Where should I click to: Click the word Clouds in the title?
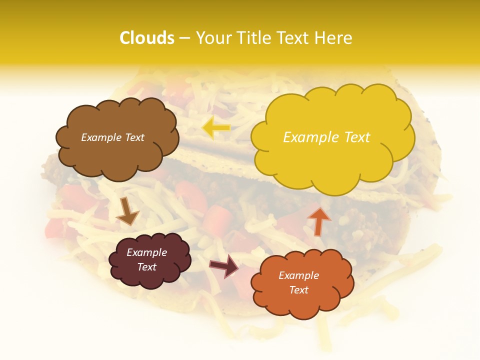coord(146,38)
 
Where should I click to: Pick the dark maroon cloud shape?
coord(149,260)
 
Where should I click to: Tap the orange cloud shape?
coord(302,283)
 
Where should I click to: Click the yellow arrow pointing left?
coord(216,128)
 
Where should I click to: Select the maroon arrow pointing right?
coord(224,265)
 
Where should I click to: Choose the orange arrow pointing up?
coord(318,220)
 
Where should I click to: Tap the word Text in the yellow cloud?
coord(357,137)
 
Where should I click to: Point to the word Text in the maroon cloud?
coord(147,267)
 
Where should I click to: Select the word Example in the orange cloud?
coord(298,275)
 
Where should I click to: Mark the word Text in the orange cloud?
coord(298,290)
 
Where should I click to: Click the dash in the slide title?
coord(184,38)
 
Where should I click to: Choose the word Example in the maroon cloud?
coord(147,252)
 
